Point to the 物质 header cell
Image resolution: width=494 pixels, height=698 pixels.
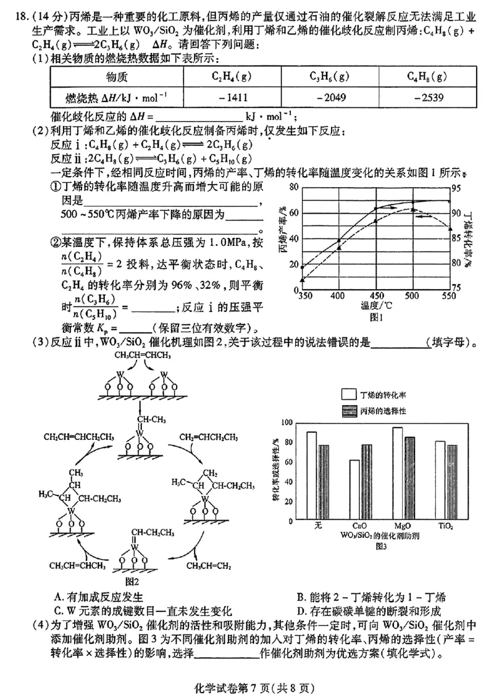coord(117,77)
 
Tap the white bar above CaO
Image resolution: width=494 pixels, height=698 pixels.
coord(354,489)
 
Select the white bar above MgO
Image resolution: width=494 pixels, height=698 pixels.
coord(397,473)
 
